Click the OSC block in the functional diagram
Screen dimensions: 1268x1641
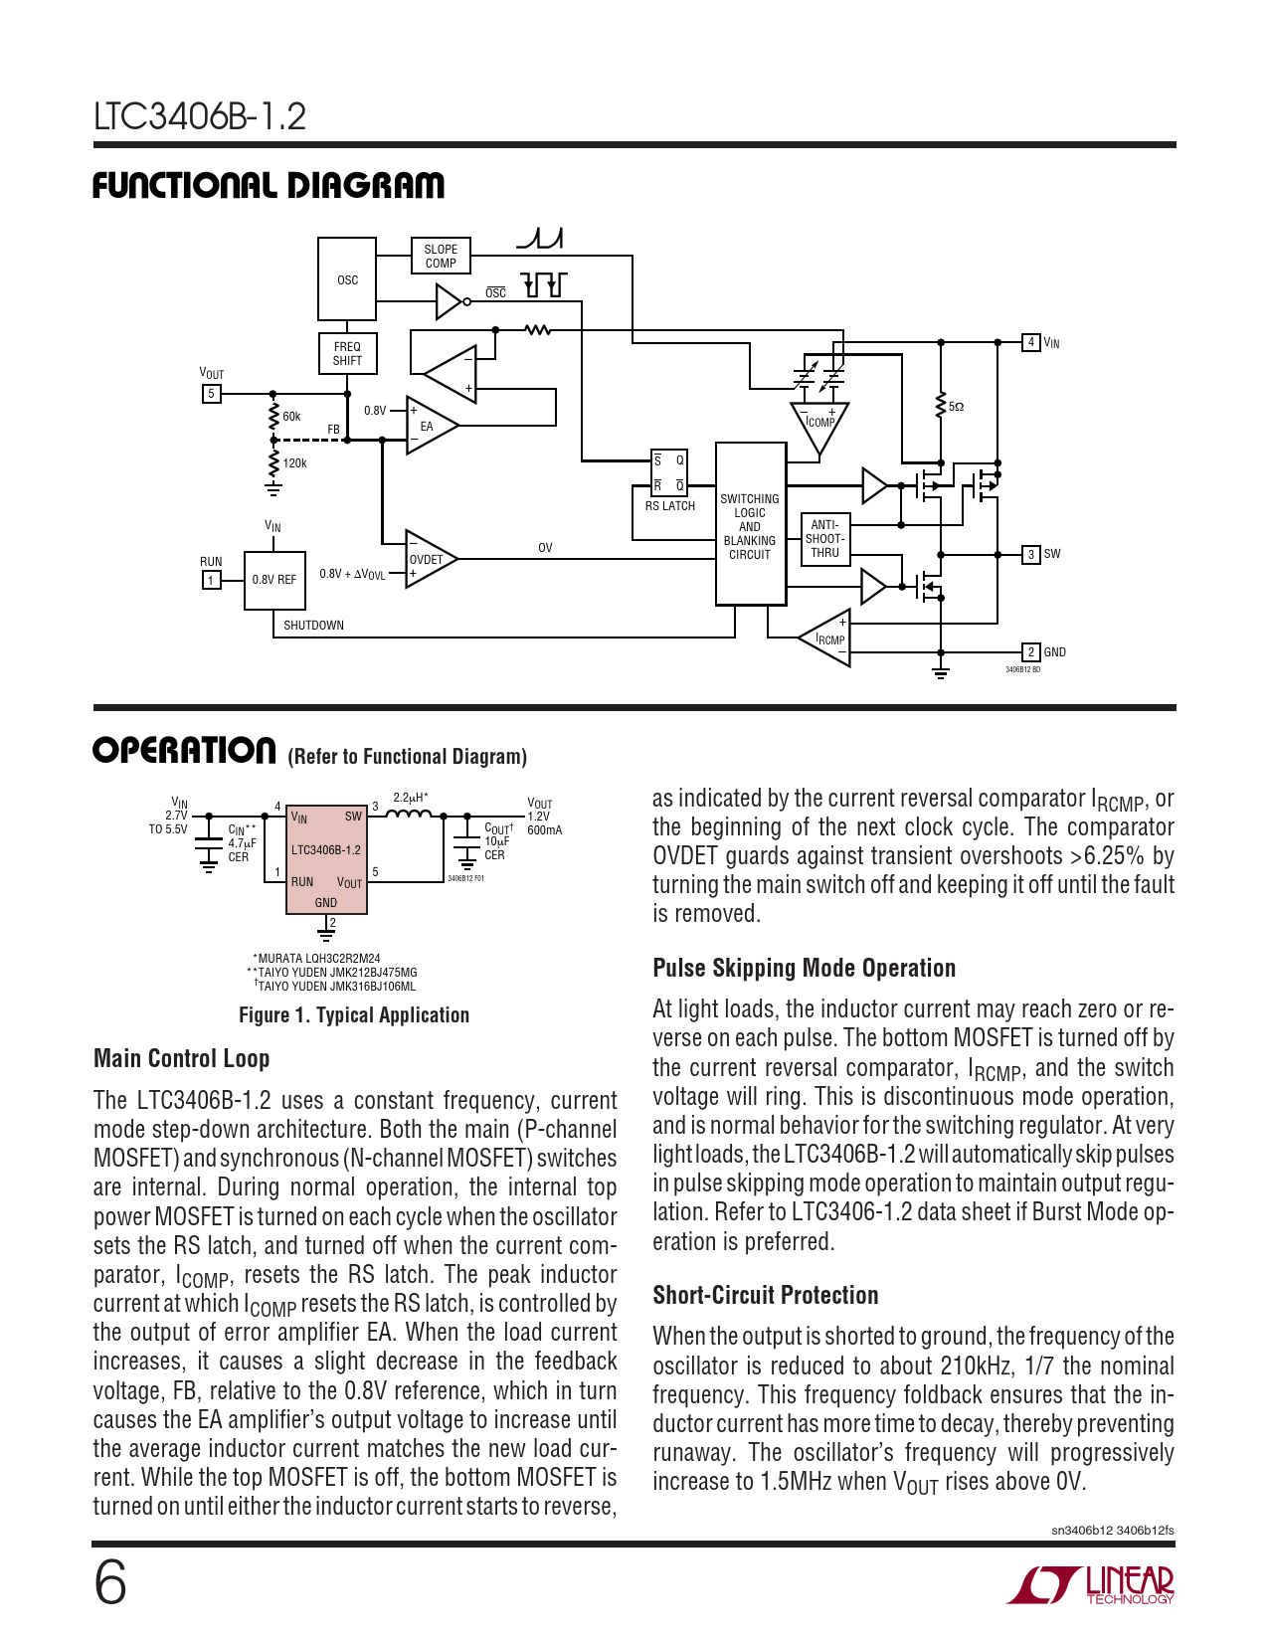click(347, 279)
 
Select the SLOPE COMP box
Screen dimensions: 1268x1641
click(441, 256)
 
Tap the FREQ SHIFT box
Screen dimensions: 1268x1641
click(347, 353)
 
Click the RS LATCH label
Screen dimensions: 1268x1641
click(670, 506)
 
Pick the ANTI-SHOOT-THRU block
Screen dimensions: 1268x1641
click(824, 538)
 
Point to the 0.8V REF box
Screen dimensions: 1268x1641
click(274, 580)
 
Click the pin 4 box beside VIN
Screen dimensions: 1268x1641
click(1031, 342)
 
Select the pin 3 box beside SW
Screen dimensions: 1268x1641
click(1031, 554)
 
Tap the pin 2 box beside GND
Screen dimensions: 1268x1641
click(1031, 651)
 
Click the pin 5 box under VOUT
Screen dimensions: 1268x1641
click(212, 394)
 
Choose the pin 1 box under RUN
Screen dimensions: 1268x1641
click(212, 580)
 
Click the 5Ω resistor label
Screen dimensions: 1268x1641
click(956, 407)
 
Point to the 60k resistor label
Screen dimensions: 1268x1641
click(291, 416)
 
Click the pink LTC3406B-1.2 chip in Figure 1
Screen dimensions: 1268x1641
click(326, 858)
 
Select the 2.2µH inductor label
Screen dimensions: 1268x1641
click(411, 797)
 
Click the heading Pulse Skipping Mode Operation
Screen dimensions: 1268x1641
click(804, 968)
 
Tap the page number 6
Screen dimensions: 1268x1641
click(109, 1584)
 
